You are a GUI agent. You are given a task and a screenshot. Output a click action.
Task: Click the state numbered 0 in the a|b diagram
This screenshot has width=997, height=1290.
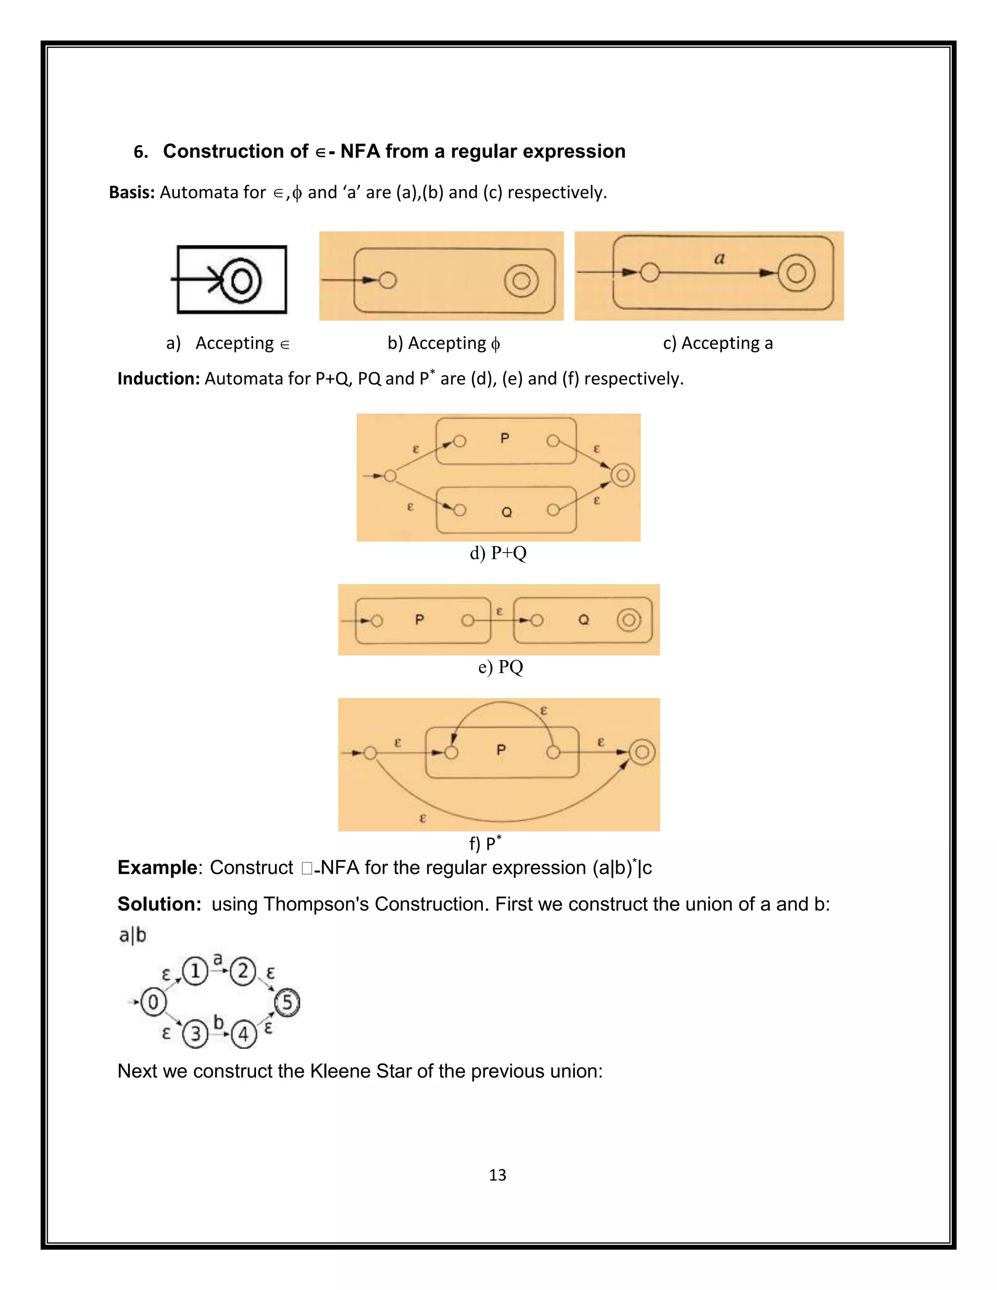click(153, 1002)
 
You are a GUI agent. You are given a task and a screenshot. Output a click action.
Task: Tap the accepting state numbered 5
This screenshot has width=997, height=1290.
click(288, 1002)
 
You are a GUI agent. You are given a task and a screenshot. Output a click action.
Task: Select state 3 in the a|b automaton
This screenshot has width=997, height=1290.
click(196, 1034)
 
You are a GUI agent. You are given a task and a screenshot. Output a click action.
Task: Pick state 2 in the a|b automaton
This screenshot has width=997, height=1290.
click(243, 971)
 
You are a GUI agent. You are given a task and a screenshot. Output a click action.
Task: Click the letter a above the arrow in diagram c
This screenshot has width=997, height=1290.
click(719, 258)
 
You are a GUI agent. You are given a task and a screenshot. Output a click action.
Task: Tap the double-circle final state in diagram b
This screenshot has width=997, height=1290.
click(521, 280)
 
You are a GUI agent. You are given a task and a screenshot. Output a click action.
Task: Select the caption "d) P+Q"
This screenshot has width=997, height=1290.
click(498, 553)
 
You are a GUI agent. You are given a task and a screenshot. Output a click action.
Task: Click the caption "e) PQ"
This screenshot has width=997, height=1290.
click(500, 667)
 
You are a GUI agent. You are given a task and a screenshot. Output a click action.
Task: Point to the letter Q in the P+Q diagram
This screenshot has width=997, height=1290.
click(507, 512)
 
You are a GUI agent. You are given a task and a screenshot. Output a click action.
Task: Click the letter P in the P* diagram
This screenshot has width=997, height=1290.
click(501, 750)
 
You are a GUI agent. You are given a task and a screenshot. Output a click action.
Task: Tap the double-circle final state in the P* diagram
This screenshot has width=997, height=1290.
click(642, 752)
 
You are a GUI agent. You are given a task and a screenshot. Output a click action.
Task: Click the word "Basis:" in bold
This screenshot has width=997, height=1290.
click(132, 193)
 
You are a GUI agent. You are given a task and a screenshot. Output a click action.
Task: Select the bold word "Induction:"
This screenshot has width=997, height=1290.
click(159, 379)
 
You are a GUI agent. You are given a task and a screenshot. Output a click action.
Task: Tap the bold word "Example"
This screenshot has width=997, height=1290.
click(157, 867)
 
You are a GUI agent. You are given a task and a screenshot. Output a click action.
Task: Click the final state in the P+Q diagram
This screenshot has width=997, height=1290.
click(623, 476)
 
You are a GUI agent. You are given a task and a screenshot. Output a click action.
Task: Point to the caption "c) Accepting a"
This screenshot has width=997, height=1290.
click(718, 343)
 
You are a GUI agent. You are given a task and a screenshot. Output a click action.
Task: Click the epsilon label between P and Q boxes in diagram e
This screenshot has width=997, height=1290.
click(499, 612)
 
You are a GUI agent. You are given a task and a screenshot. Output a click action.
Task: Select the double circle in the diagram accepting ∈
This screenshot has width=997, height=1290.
click(241, 280)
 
